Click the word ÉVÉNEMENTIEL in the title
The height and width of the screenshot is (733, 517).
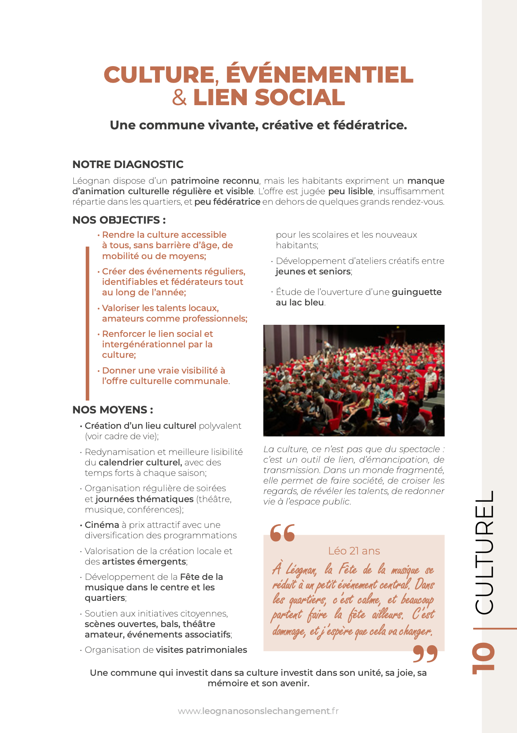319,75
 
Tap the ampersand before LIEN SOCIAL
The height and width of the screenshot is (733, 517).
180,98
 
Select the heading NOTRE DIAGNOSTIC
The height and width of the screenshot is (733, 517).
128,164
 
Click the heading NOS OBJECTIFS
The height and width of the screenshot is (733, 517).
119,220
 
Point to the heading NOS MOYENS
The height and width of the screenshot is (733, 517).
112,410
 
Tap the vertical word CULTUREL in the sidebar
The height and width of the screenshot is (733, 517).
484,552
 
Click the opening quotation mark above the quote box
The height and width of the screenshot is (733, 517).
282,533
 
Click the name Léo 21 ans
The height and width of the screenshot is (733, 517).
354,551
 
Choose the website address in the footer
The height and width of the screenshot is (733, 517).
258,711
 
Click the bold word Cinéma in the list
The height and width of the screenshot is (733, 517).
102,525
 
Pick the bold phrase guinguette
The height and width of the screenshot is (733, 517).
417,292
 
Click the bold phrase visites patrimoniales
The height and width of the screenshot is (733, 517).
201,650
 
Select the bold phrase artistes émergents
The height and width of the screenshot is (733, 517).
144,562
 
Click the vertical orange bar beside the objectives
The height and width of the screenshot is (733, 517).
87,322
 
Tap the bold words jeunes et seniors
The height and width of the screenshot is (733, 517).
313,272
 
